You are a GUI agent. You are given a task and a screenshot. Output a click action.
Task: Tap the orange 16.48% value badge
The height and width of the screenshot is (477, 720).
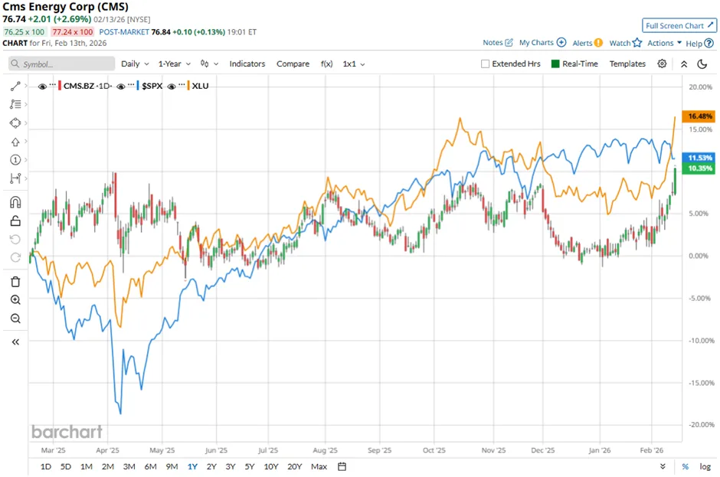click(x=700, y=116)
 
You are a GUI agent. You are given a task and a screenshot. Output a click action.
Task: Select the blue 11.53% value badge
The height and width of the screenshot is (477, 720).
click(x=700, y=156)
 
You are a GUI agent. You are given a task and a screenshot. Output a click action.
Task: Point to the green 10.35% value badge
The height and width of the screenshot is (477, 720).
click(x=700, y=168)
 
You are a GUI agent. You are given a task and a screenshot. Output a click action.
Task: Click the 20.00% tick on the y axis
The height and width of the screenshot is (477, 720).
click(x=700, y=87)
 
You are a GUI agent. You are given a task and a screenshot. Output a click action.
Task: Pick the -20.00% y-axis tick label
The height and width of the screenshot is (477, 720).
click(x=699, y=424)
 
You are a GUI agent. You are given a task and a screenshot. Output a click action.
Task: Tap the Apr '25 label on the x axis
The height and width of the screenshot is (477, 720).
click(x=108, y=451)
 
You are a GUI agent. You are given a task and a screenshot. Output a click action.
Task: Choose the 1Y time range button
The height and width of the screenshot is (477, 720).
click(x=191, y=466)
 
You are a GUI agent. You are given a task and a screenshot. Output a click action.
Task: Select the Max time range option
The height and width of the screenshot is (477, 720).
click(x=319, y=466)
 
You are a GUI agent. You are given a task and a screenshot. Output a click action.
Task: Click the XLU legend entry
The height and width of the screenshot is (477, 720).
click(x=201, y=86)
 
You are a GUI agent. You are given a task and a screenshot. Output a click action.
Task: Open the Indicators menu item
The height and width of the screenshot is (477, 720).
click(x=247, y=64)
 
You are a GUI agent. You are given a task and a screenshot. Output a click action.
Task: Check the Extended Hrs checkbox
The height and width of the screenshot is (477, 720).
click(x=485, y=64)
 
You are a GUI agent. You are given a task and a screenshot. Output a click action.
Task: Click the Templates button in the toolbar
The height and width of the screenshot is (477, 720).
click(x=627, y=64)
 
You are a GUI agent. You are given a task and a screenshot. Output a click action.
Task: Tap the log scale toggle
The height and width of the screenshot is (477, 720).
click(x=705, y=466)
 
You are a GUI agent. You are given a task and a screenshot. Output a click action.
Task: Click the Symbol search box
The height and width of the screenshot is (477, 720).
click(x=61, y=64)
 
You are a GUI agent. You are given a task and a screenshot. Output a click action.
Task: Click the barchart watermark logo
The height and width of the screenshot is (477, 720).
click(x=67, y=432)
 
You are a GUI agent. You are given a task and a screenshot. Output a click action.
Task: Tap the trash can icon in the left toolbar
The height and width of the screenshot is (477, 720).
click(x=15, y=282)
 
